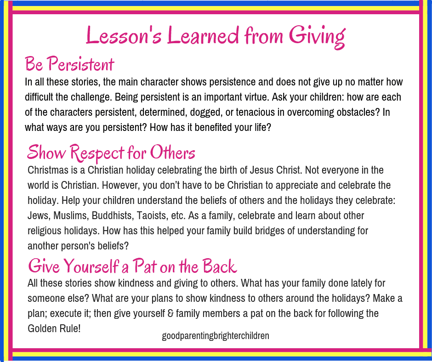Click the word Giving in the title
click(317, 37)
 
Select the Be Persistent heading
click(69, 64)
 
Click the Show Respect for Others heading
click(111, 153)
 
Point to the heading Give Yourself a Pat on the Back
click(132, 266)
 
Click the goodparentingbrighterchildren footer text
click(216, 336)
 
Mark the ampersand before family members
click(170, 313)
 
